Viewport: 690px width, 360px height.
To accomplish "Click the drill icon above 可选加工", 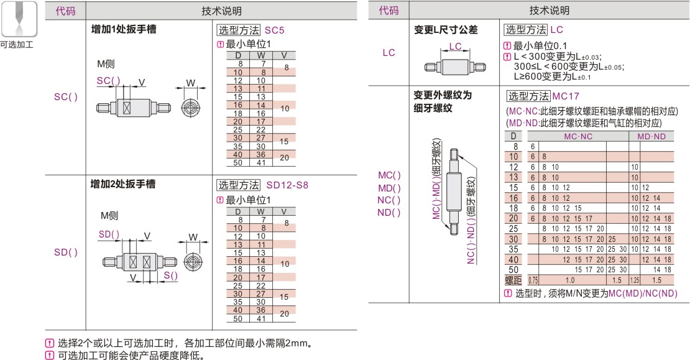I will [16, 19].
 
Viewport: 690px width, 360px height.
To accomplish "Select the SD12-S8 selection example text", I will [287, 185].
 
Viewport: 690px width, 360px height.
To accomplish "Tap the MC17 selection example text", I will [565, 96].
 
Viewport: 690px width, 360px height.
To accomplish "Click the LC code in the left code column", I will [389, 53].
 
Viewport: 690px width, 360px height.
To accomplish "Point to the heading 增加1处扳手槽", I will [123, 29].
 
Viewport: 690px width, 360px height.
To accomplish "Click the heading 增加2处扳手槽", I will [123, 184].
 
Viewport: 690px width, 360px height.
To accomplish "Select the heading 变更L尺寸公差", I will [446, 29].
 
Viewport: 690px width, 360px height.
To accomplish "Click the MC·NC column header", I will [577, 136].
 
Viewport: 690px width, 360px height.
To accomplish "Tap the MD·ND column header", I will [651, 136].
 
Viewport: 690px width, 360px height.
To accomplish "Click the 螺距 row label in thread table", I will [513, 280].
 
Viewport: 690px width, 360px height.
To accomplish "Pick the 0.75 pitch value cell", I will [533, 280].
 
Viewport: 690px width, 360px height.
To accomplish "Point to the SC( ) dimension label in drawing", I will [108, 81].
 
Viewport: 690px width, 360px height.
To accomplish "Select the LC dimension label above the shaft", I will [455, 46].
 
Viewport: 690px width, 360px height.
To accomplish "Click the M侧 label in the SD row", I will [109, 216].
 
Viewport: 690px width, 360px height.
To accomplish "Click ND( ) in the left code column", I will [389, 212].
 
